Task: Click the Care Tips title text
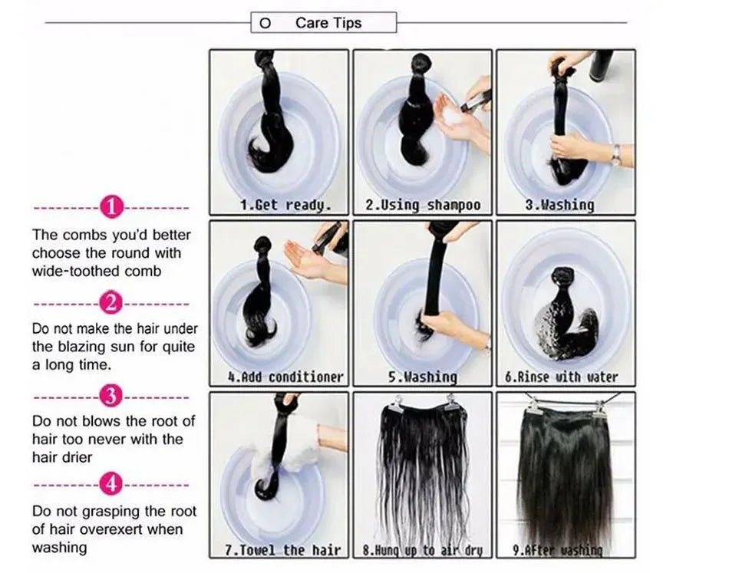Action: (x=328, y=23)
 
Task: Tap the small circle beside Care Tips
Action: (x=266, y=23)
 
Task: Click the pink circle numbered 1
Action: (x=112, y=207)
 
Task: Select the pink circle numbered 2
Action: (x=112, y=303)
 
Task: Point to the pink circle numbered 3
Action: (x=112, y=397)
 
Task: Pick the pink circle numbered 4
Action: (x=112, y=485)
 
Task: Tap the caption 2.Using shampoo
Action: (x=423, y=205)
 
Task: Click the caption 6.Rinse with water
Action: (x=566, y=377)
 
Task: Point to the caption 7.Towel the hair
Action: (x=281, y=549)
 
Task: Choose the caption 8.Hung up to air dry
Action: (x=423, y=549)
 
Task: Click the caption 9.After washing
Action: (x=566, y=549)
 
